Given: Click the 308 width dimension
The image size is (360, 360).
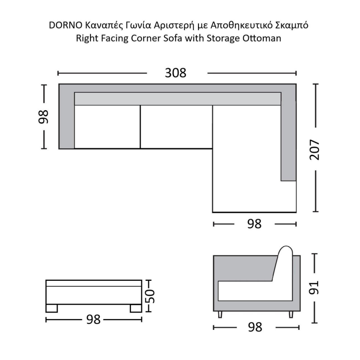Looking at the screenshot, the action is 175,73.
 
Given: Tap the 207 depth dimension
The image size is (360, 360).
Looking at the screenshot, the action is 315,149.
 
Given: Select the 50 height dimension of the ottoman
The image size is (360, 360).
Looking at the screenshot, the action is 150,296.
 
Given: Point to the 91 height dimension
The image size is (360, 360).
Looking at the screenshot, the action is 314,288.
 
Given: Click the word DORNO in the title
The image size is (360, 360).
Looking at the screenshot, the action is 65,26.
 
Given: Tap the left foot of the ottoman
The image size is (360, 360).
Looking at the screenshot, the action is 51,308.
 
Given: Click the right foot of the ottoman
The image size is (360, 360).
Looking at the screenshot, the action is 136,308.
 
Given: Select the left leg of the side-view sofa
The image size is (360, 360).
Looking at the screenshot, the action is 220,314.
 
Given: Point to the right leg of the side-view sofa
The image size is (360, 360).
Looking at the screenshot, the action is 291,314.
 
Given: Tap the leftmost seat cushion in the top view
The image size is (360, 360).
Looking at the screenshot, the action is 107,127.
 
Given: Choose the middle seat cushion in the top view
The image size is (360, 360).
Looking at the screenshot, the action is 176,127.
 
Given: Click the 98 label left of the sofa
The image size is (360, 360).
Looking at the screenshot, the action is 43,117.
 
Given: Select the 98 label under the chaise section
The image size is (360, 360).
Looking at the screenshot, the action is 254,224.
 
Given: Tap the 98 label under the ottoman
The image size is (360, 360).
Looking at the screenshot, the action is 94,319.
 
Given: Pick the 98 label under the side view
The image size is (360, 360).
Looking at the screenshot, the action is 255,327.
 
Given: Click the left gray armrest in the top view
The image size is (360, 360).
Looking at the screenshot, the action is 67,117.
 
